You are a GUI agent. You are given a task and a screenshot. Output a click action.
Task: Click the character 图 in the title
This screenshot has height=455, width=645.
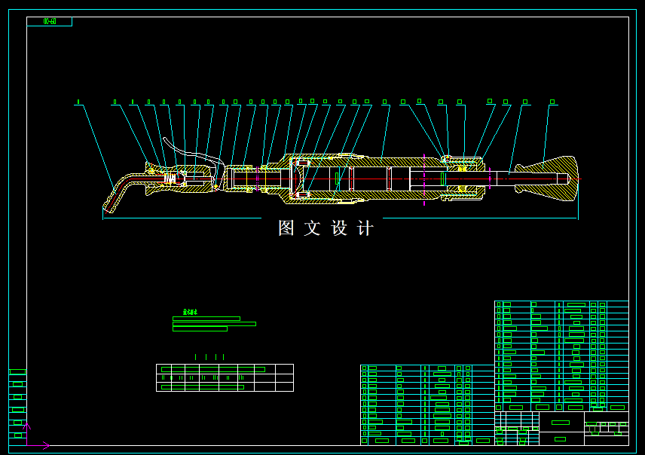point(286,228)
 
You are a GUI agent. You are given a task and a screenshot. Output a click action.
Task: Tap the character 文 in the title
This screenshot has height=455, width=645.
point(312,228)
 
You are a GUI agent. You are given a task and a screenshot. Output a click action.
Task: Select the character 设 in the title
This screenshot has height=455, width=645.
point(339,228)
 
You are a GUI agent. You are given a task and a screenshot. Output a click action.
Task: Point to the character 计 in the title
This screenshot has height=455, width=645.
point(365,228)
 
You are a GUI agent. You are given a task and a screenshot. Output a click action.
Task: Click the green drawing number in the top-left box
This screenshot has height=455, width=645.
point(50,22)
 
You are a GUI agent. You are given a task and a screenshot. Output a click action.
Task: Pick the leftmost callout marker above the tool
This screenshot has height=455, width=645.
point(78,102)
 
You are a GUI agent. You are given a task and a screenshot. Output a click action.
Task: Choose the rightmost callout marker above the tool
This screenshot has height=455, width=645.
point(552,102)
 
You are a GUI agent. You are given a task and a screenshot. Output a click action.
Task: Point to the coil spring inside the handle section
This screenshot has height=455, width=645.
point(170,178)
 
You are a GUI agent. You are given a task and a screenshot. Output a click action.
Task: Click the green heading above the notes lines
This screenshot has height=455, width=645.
point(190,312)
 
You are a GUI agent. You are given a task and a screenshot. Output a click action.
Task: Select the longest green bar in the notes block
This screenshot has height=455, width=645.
point(214,324)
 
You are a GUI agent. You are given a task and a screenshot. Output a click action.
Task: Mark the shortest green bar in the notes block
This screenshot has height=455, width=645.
point(200,329)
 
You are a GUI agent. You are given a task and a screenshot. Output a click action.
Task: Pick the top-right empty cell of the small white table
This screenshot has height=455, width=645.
point(284,369)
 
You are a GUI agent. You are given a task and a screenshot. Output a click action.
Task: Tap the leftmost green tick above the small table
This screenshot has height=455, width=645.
point(196,357)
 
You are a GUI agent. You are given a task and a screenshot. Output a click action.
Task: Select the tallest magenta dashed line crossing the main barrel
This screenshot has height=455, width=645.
point(424,179)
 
